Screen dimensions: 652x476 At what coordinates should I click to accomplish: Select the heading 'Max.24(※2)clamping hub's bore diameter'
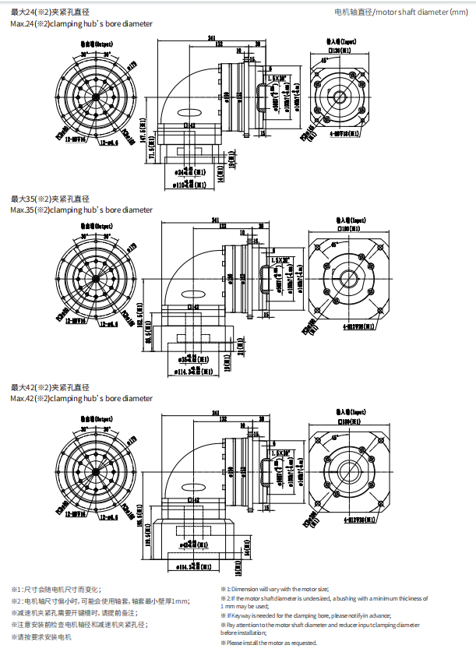pyautogui.click(x=82, y=24)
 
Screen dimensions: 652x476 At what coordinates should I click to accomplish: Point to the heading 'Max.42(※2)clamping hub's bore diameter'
pyautogui.click(x=82, y=399)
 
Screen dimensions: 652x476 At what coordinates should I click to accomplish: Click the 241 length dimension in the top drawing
pyautogui.click(x=211, y=38)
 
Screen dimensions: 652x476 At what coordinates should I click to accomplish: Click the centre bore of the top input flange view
pyautogui.click(x=340, y=96)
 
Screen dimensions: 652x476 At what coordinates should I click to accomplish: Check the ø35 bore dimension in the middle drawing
pyautogui.click(x=191, y=359)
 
